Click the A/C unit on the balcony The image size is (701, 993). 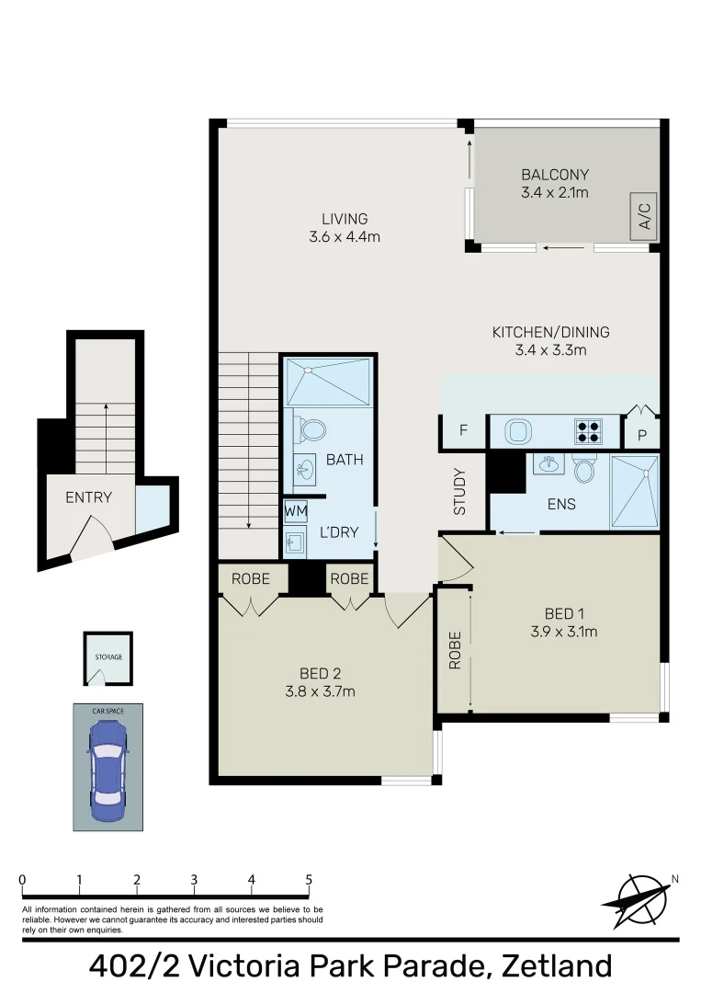pyautogui.click(x=643, y=217)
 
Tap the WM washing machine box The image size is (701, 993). pyautogui.click(x=296, y=511)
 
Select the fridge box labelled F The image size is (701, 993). pyautogui.click(x=463, y=430)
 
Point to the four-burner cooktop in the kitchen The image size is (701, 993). pyautogui.click(x=588, y=431)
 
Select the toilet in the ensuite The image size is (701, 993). pyautogui.click(x=584, y=469)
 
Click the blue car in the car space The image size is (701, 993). pyautogui.click(x=107, y=770)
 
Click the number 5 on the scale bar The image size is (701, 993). pyautogui.click(x=309, y=880)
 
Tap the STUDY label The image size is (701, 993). pyautogui.click(x=460, y=491)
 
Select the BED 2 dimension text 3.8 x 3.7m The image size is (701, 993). pyautogui.click(x=320, y=691)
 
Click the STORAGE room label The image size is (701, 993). pyautogui.click(x=108, y=656)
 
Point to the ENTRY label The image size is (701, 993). pyautogui.click(x=88, y=497)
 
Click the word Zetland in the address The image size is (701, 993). pyautogui.click(x=557, y=966)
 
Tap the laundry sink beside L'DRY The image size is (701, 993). pyautogui.click(x=296, y=542)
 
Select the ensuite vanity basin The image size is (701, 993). pyautogui.click(x=549, y=464)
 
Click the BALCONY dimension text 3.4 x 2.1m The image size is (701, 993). pyautogui.click(x=555, y=192)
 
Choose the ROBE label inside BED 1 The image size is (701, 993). pyautogui.click(x=455, y=650)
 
